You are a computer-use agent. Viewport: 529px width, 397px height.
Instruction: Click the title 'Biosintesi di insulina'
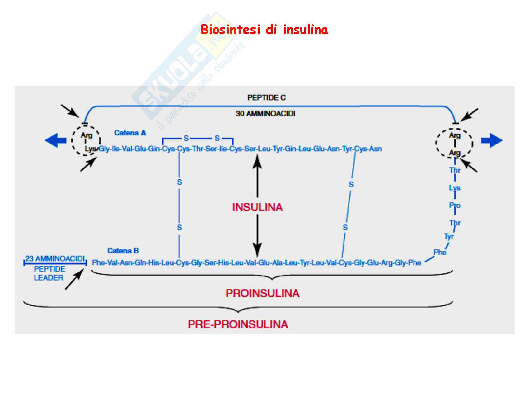[x=264, y=30]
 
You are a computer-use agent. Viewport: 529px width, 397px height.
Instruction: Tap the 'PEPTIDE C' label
[x=266, y=98]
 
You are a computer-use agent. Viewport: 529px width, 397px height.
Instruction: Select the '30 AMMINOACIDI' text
[x=265, y=114]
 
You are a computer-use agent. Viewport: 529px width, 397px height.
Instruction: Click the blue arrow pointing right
[x=492, y=140]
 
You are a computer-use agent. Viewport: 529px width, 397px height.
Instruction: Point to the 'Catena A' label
[x=130, y=133]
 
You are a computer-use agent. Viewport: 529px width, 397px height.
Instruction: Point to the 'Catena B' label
[x=123, y=251]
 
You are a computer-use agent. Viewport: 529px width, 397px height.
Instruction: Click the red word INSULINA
[x=257, y=207]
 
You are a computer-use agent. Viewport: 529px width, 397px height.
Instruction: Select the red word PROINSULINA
[x=262, y=293]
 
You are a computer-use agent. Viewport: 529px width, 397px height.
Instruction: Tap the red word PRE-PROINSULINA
[x=238, y=324]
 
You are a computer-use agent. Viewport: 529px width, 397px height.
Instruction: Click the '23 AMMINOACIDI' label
[x=55, y=259]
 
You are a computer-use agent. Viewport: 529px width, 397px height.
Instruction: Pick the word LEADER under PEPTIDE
[x=49, y=278]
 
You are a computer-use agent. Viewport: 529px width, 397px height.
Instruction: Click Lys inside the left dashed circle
[x=90, y=149]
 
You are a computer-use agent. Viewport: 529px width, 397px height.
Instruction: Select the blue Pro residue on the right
[x=455, y=206]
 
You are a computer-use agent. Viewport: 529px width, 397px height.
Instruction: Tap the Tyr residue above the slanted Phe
[x=449, y=237]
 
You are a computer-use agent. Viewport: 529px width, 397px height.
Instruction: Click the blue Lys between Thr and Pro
[x=455, y=188]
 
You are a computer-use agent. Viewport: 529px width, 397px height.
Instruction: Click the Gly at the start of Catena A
[x=104, y=149]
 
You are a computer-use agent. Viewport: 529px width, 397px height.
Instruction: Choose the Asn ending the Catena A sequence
[x=376, y=149]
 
